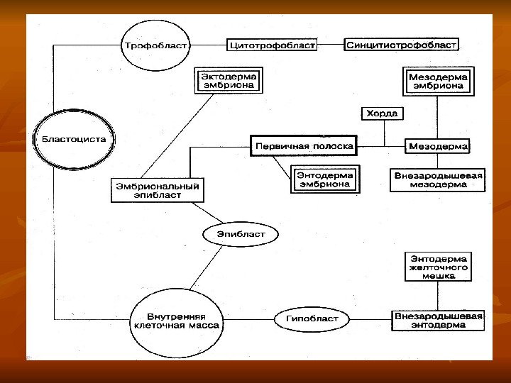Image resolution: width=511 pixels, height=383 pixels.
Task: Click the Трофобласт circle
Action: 156,45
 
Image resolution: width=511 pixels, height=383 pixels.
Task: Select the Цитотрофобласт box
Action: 270,45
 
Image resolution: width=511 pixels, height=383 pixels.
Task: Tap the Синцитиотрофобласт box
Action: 402,45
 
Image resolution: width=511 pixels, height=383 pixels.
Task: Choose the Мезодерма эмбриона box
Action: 438,80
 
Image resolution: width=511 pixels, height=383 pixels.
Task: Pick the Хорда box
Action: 382,113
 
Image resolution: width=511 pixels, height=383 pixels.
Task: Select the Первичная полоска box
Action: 302,147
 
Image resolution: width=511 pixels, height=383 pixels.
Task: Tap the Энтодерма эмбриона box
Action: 323,179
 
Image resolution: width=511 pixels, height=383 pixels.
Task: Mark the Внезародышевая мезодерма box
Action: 438,179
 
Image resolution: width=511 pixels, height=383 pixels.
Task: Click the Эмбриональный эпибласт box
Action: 157,189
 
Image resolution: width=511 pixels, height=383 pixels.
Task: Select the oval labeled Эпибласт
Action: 240,233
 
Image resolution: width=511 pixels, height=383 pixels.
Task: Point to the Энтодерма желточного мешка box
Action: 437,267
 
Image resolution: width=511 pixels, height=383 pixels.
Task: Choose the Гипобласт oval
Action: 307,319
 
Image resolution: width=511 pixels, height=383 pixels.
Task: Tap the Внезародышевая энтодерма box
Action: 438,320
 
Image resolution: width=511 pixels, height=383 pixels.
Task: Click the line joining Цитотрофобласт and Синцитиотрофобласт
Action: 329,45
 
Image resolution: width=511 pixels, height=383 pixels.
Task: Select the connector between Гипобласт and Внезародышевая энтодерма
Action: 366,319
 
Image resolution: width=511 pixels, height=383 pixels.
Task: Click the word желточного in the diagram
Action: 437,268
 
